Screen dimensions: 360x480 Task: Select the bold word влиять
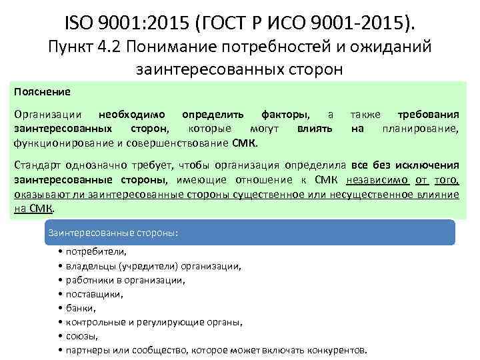315,128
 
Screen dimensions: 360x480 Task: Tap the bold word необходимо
132,114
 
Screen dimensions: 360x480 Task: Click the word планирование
420,128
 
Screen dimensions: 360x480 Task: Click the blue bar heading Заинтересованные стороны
115,233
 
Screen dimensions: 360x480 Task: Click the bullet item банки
79,308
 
